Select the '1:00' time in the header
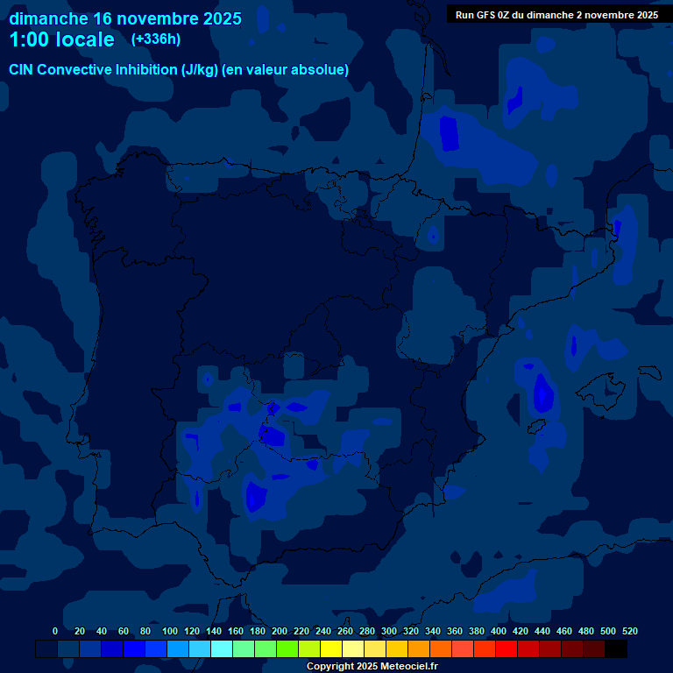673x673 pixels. click(29, 39)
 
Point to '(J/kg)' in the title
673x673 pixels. click(201, 69)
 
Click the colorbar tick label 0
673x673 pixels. click(55, 631)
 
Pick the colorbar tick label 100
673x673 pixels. click(169, 631)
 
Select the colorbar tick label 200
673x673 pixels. click(280, 631)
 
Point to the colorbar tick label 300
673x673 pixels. click(389, 631)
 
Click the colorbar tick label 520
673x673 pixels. click(629, 631)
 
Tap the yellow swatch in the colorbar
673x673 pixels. click(331, 648)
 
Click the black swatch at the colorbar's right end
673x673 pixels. click(616, 648)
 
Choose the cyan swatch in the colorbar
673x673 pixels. click(222, 648)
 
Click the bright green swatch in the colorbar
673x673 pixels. click(287, 648)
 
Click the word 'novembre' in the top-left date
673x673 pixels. click(159, 18)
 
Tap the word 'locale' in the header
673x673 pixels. click(85, 39)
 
